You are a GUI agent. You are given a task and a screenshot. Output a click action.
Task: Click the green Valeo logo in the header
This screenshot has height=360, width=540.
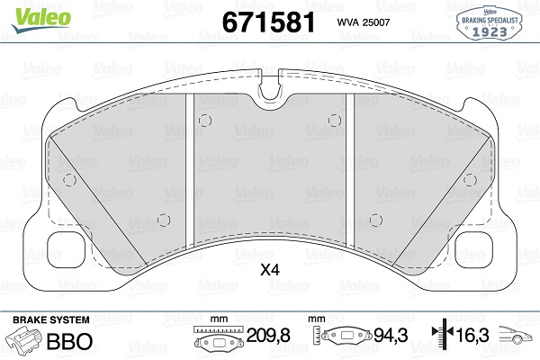41,19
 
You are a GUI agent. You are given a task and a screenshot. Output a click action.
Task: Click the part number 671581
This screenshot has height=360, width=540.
268,22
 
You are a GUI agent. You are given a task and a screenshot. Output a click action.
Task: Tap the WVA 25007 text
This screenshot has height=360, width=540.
364,22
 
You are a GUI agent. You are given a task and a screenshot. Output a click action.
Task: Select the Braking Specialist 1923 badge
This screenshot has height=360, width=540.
490,22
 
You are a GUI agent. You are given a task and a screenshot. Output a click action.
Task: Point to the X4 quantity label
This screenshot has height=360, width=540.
270,270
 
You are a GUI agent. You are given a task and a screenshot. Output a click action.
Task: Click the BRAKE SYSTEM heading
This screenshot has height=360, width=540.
51,320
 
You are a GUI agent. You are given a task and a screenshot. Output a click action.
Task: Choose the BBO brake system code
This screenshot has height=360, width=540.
69,341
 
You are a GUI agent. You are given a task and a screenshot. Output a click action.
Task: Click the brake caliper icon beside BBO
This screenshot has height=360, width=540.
24,339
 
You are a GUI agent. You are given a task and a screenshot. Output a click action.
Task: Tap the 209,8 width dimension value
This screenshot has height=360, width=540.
268,335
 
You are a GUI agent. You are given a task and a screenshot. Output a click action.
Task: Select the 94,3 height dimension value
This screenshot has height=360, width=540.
391,335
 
